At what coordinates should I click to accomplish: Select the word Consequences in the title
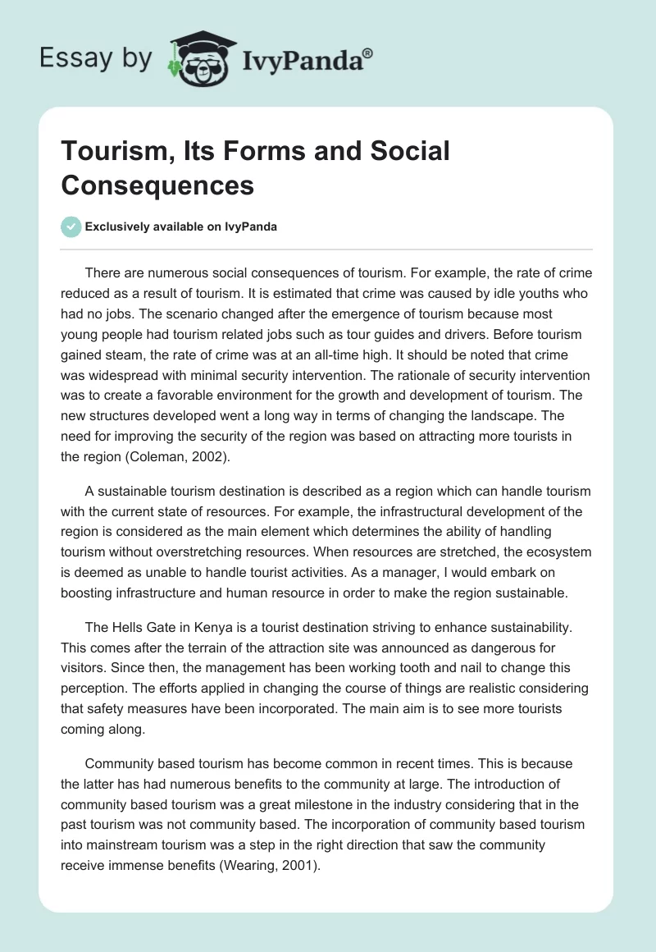pos(157,185)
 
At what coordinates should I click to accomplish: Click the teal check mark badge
pos(71,227)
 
